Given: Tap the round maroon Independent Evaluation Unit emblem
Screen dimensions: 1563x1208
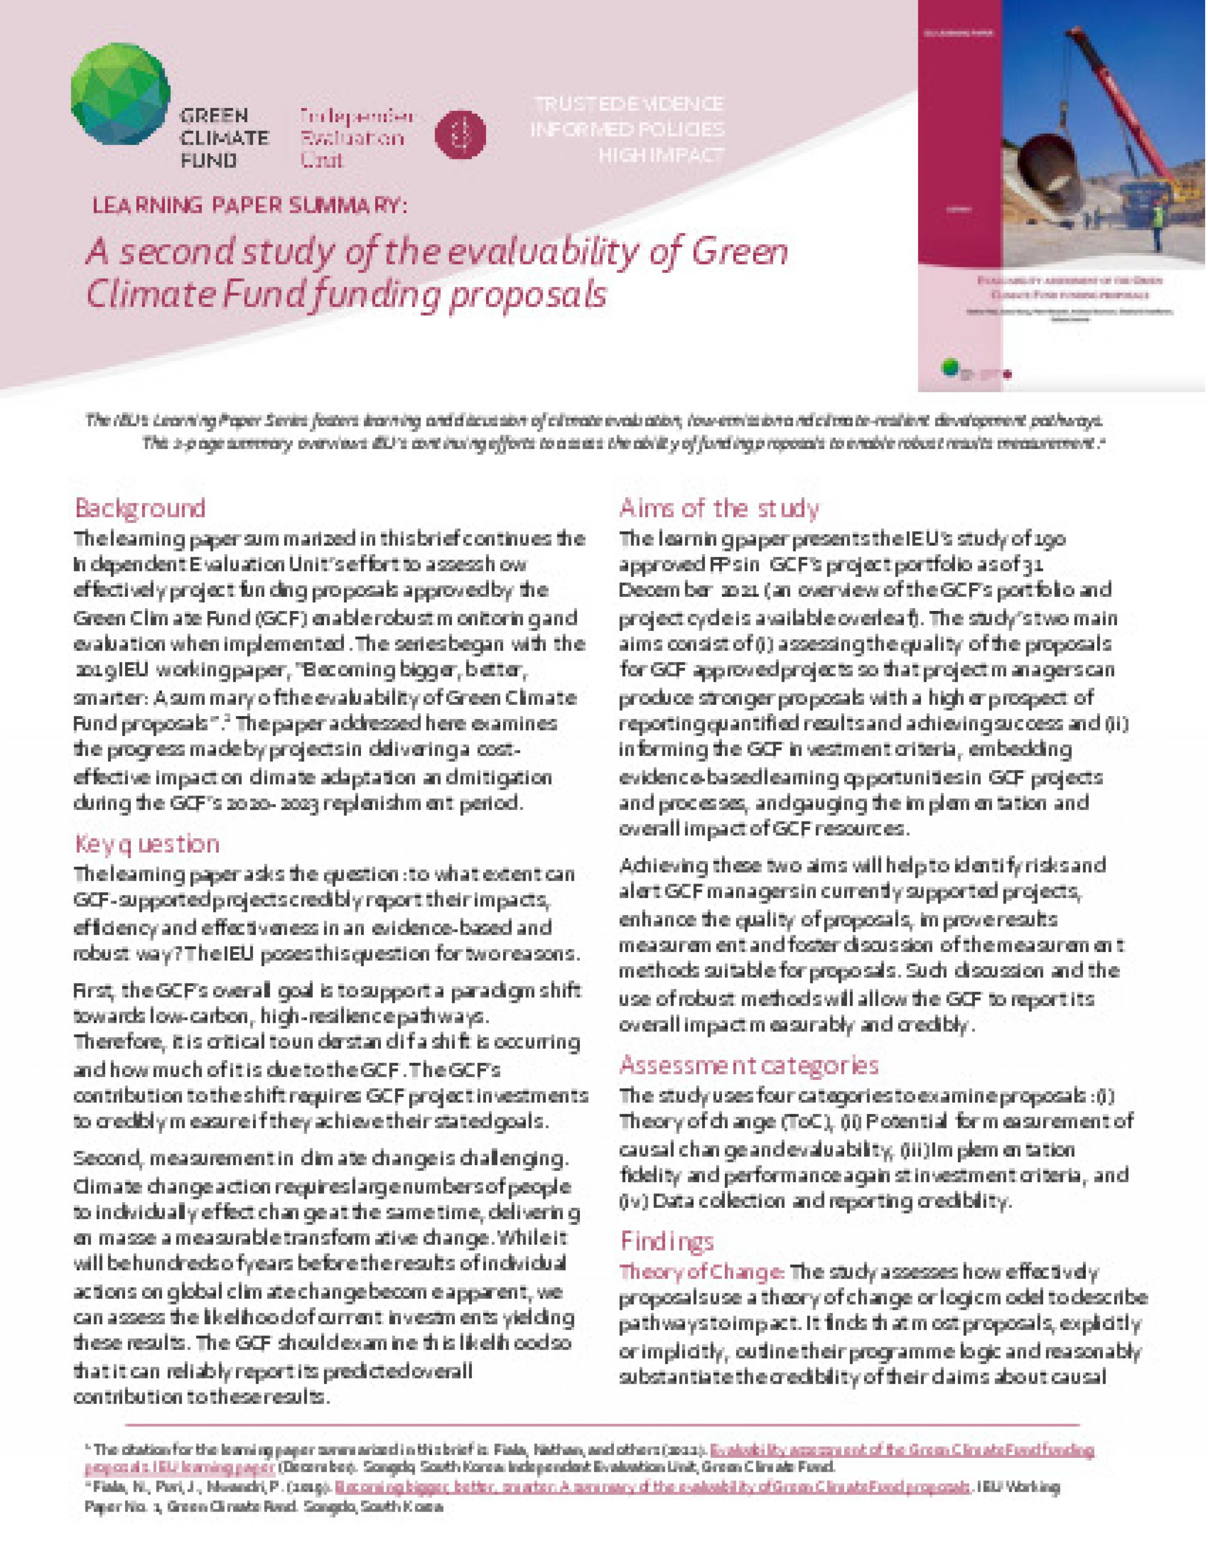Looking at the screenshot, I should [x=460, y=134].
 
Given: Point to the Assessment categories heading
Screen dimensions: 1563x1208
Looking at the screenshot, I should [x=748, y=1066].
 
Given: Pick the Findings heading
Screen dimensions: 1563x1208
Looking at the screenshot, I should [x=666, y=1240].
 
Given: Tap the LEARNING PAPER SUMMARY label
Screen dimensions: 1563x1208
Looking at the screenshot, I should [x=249, y=205].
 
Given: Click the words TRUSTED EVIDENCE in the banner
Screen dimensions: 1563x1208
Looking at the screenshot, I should [x=629, y=104].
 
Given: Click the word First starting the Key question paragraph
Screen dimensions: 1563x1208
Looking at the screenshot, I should [x=95, y=992].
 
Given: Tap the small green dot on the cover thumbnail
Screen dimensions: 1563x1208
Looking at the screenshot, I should [x=949, y=367].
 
